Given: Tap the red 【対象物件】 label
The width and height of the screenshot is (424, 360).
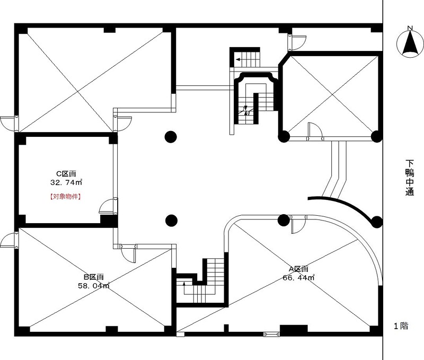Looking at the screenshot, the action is (66, 197).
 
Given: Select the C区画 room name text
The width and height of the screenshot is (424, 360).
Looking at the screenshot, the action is (66, 173).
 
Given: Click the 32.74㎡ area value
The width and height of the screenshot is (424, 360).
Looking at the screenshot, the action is (66, 182).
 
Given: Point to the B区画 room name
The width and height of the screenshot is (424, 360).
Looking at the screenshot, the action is (93, 277).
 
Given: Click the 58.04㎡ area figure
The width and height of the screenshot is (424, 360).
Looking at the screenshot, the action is (94, 286).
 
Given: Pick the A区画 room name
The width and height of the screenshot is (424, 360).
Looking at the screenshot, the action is (298, 269).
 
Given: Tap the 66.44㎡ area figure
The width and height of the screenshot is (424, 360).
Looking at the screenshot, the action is (298, 277).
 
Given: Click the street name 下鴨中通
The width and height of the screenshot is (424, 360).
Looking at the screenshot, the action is (410, 178).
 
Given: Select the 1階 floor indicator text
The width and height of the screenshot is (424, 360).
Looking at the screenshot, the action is (401, 326).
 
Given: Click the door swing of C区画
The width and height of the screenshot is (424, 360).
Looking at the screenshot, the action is (108, 206).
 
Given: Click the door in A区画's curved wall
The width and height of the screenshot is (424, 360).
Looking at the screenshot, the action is (298, 224).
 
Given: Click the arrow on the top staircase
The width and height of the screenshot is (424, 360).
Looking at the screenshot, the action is (238, 59).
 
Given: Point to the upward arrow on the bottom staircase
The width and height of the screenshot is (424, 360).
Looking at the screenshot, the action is (184, 284).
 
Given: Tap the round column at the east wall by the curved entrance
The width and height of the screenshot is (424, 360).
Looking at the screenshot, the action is (376, 222).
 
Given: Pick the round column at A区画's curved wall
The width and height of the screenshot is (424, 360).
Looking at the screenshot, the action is (284, 221).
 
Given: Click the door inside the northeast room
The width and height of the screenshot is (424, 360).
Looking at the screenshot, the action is (315, 131).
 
